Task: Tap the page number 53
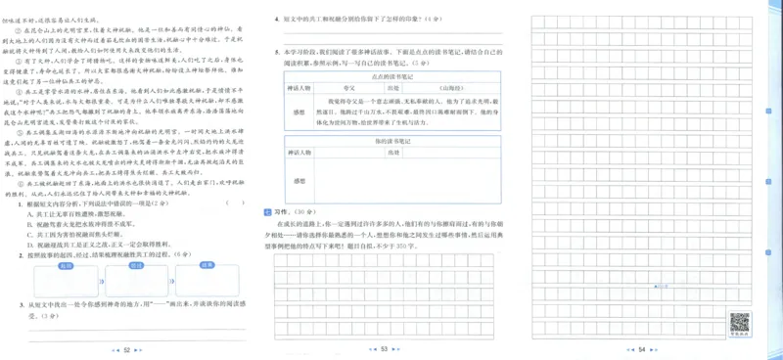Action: tap(385, 349)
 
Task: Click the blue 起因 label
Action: tap(68, 265)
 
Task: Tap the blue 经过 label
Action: tap(137, 265)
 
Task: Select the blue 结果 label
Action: tap(207, 265)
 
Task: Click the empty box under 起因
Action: tap(67, 283)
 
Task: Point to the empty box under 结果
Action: tap(207, 283)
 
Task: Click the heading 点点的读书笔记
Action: tap(389, 75)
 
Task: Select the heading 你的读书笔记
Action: tap(389, 142)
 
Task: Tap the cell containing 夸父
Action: tap(349, 87)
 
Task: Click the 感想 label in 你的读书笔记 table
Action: tap(299, 181)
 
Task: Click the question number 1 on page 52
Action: tap(21, 203)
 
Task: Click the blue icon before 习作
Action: tap(268, 211)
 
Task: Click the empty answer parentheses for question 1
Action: tap(236, 203)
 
